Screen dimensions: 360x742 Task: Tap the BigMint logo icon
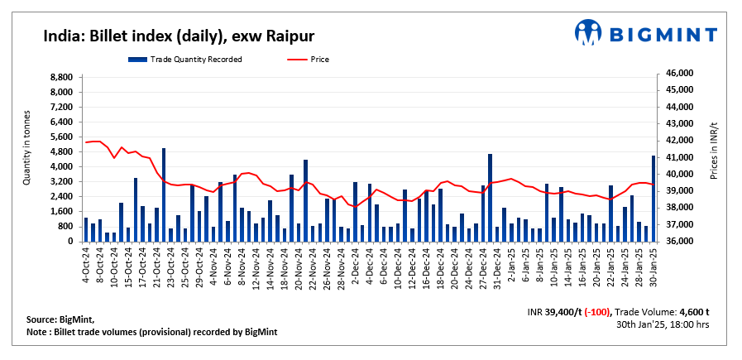click(587, 32)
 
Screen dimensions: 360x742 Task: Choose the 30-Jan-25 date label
click(653, 263)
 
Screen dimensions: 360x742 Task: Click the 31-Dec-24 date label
click(490, 263)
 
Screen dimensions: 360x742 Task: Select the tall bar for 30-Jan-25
click(653, 199)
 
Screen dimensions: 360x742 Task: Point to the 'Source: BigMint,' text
click(60, 319)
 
